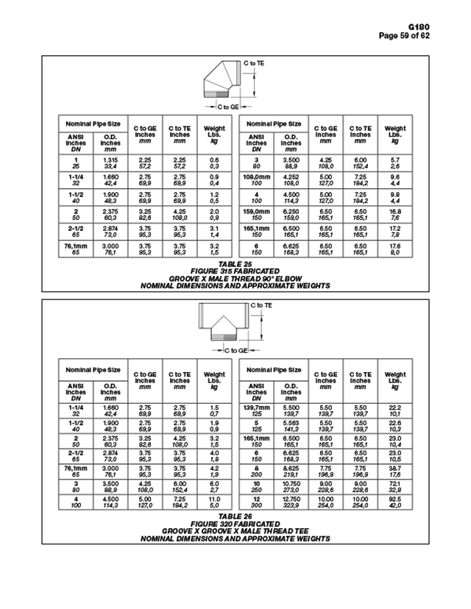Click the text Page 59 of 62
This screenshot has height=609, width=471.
point(425,35)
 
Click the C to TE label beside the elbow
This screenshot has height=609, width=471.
point(255,64)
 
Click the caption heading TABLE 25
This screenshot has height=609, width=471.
point(235,263)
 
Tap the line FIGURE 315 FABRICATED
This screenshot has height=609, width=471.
point(235,269)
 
